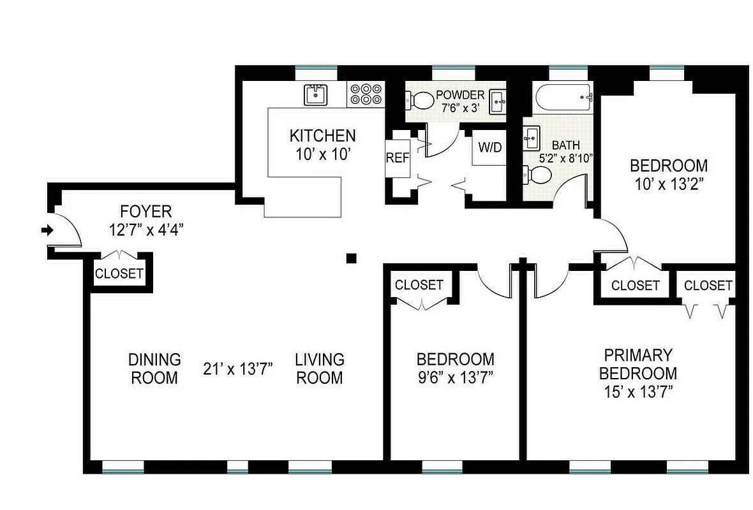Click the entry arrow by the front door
pos(47,230)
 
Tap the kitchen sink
pos(315,95)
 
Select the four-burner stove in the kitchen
pos(366,94)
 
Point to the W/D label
pos(489,148)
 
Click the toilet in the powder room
pos(418,100)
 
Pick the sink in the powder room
pos(499,100)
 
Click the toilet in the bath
pos(535,174)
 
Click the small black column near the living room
pos(350,258)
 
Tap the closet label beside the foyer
pos(119,274)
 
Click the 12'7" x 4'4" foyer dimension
pos(146,230)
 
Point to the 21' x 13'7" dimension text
pos(238,368)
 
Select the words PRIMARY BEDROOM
pos(638,363)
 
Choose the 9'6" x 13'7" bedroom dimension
pos(454,377)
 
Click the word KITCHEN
pos(322,136)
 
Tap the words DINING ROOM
pos(154,368)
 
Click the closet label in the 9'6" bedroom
pos(419,285)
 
